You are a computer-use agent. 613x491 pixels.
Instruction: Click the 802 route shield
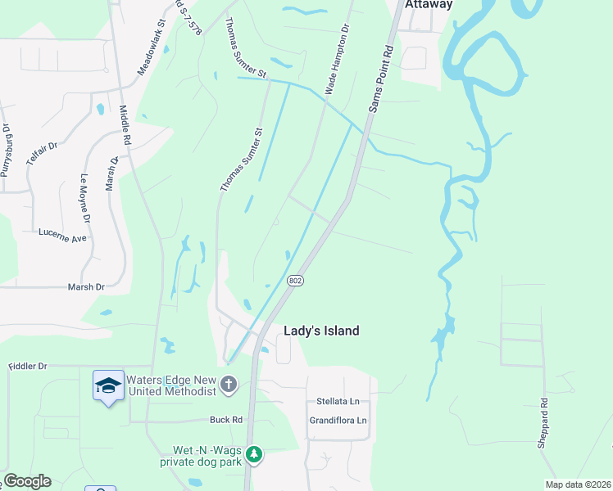(x=296, y=281)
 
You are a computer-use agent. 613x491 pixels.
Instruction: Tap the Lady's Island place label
(x=321, y=331)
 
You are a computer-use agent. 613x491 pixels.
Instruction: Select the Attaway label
(x=427, y=5)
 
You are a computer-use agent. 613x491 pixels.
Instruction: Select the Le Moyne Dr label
(x=84, y=200)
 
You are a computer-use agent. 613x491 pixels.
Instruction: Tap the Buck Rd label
(x=226, y=420)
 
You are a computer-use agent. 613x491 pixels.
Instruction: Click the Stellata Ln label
(x=338, y=402)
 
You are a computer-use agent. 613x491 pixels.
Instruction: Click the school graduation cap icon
(x=108, y=385)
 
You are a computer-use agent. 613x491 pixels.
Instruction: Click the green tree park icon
(x=255, y=453)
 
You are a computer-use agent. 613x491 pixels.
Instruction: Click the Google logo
(x=27, y=481)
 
